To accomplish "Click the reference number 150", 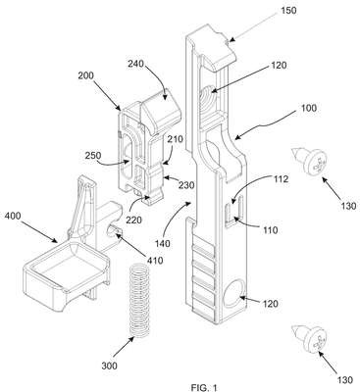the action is [288, 10].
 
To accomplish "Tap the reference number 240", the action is [135, 63].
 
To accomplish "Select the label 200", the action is [85, 75].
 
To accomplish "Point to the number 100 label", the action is [308, 108].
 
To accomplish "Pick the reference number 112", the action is [281, 179].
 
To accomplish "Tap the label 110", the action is [270, 230].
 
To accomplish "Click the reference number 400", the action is [13, 216].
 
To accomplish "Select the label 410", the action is [155, 261].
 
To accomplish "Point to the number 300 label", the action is [109, 366].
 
